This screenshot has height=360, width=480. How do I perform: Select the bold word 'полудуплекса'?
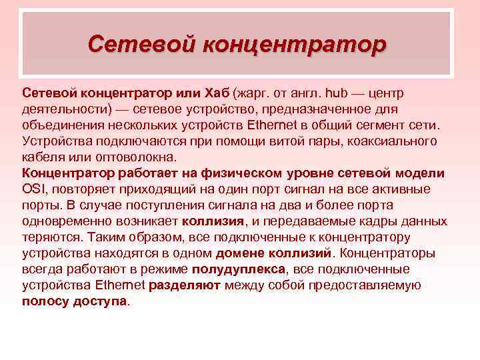(x=237, y=269)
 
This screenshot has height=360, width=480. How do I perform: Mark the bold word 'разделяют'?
(x=185, y=285)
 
